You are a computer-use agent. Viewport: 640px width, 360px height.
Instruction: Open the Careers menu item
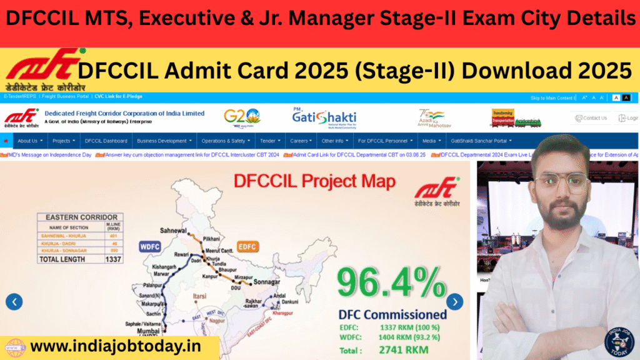[301, 141]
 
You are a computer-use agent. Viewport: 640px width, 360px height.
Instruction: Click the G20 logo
[242, 117]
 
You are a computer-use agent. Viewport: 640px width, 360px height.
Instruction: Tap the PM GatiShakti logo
[324, 117]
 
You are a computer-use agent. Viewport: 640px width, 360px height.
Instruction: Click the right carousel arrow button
[455, 302]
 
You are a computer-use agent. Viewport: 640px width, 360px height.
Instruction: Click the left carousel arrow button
[14, 302]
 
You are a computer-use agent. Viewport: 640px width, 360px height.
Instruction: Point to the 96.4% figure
[391, 282]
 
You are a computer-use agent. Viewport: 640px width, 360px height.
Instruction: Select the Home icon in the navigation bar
[6, 141]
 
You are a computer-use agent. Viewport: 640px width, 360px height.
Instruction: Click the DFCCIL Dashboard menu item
[106, 141]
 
